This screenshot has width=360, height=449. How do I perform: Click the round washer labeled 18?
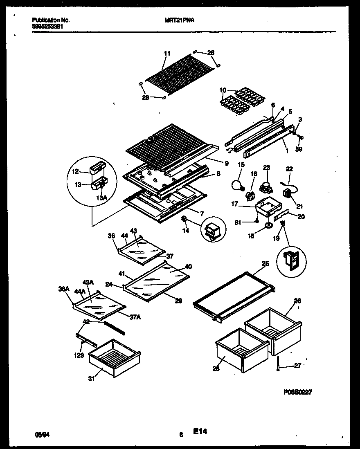coord(268,224)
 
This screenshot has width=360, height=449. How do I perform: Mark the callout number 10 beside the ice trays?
coord(223,90)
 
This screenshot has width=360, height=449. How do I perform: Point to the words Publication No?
coord(50,20)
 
